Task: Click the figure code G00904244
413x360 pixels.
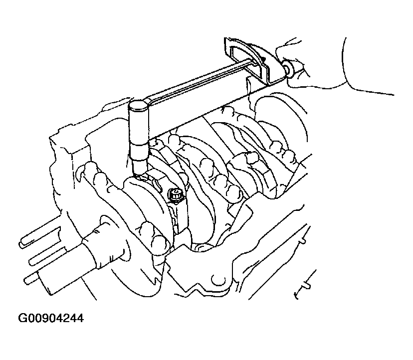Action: [51, 318]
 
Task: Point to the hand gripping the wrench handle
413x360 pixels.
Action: [329, 66]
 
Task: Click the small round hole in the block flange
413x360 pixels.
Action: [218, 280]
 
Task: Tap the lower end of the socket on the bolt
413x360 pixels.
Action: [139, 174]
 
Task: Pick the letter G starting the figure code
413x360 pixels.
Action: [22, 318]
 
